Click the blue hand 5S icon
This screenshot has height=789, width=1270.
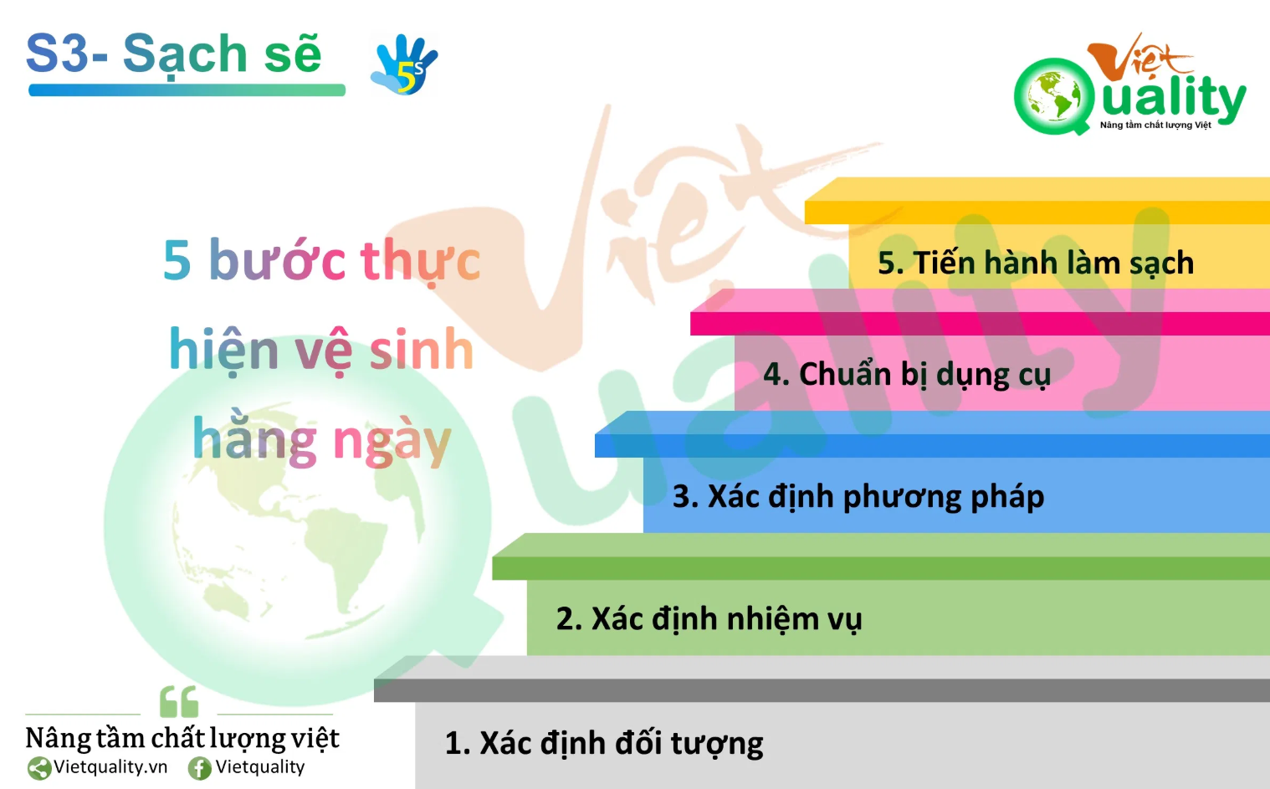404,64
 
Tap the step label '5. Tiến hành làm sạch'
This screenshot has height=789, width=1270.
1036,263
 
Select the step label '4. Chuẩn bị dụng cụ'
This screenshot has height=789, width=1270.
907,375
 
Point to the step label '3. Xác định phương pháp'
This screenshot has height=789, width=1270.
858,497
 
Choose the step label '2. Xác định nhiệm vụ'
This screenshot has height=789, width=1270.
709,619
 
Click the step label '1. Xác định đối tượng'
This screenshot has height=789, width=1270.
604,744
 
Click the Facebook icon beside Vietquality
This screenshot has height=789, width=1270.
200,769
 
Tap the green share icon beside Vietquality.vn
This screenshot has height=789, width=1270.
39,769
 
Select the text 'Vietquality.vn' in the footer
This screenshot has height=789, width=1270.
110,767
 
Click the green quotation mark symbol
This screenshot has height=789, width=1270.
179,701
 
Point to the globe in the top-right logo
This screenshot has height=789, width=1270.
1053,95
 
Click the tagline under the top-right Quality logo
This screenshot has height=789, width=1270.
1155,125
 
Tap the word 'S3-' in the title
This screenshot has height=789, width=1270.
67,54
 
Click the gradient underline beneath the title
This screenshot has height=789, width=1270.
187,90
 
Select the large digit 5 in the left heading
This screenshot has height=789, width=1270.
177,261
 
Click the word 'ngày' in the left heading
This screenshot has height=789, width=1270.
392,443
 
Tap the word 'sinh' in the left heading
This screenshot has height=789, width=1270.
422,349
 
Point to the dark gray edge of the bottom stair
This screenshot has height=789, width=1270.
822,691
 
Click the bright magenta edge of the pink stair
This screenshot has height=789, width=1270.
980,324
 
